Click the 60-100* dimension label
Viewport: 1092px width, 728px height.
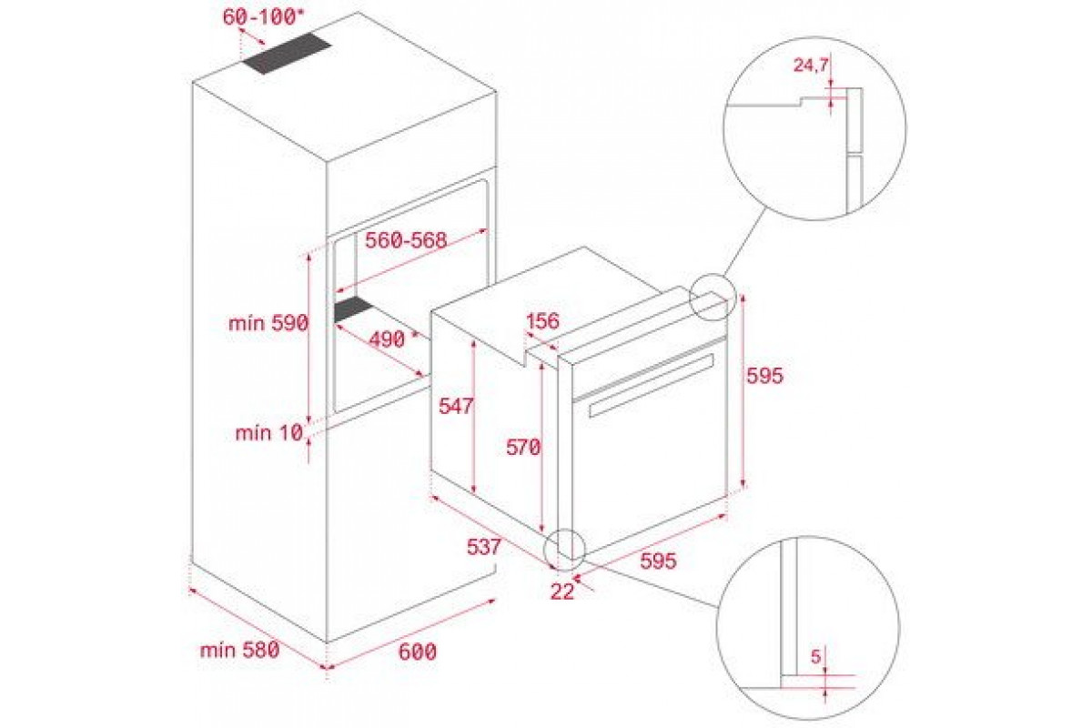pos(263,17)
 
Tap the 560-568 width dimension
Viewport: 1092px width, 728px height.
pos(406,240)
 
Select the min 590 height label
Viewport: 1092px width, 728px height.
pos(268,323)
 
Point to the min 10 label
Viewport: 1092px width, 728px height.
pos(269,432)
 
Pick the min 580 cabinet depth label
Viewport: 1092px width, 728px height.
pos(240,650)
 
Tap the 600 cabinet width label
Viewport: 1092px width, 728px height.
pos(418,652)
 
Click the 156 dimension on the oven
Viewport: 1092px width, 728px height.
pos(542,321)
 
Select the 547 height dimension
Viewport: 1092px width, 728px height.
pos(456,406)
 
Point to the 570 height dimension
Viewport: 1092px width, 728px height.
pos(523,447)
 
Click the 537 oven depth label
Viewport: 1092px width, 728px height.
pos(483,547)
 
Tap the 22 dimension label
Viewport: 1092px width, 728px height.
pos(562,591)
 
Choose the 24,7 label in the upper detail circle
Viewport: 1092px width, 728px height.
pos(811,65)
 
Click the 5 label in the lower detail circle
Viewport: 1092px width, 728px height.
pos(816,657)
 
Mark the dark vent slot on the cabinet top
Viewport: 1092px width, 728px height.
pos(287,54)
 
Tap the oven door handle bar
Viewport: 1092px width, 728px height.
pos(652,386)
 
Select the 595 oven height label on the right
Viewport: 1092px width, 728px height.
pos(765,376)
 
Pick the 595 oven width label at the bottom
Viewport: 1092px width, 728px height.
pos(658,561)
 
